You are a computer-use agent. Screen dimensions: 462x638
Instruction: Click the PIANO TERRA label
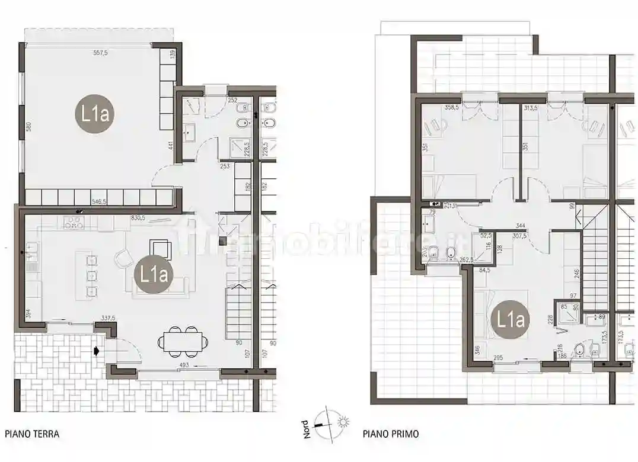32,434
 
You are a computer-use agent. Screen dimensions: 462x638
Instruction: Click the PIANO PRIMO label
391,434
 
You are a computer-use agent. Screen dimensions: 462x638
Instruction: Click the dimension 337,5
109,318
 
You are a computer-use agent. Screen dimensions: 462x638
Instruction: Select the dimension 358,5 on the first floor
454,108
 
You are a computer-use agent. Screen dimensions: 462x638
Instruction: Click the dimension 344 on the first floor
521,226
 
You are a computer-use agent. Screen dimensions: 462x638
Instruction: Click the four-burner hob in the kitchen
74,223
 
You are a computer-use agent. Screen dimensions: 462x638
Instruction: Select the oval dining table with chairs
183,341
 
